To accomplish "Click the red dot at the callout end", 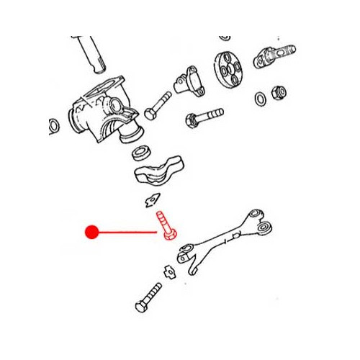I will point(91,232).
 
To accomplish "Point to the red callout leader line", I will point(126,232).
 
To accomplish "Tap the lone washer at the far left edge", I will point(53,127).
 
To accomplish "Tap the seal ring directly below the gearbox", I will point(140,153).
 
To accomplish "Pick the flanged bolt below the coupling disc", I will point(204,115).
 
